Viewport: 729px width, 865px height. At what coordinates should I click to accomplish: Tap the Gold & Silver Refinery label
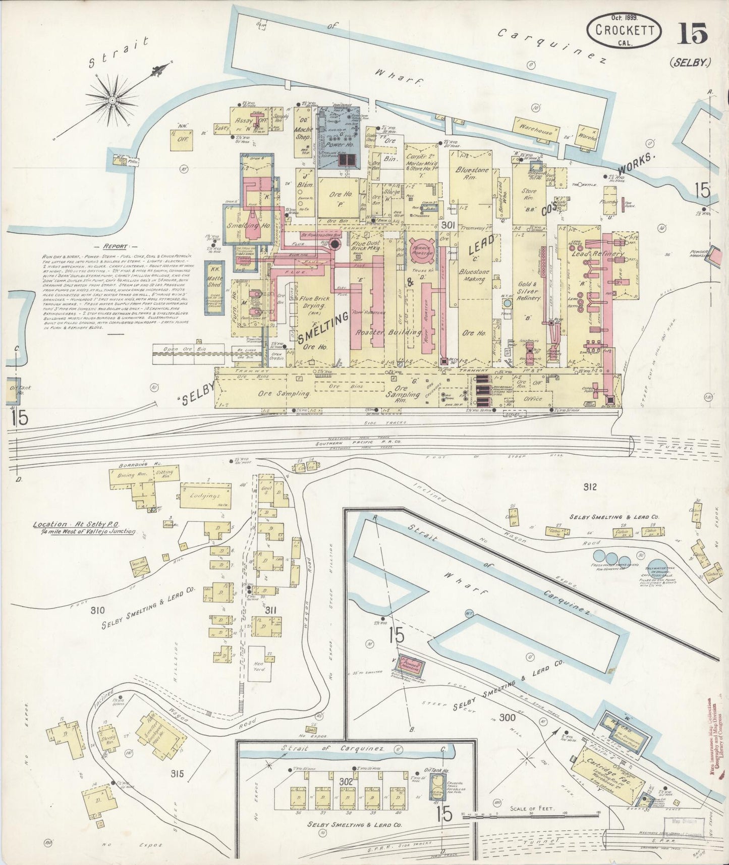[x=528, y=291]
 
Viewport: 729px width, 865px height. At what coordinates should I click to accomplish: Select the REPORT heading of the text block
[x=116, y=247]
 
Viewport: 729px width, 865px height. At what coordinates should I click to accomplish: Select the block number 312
[x=589, y=487]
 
